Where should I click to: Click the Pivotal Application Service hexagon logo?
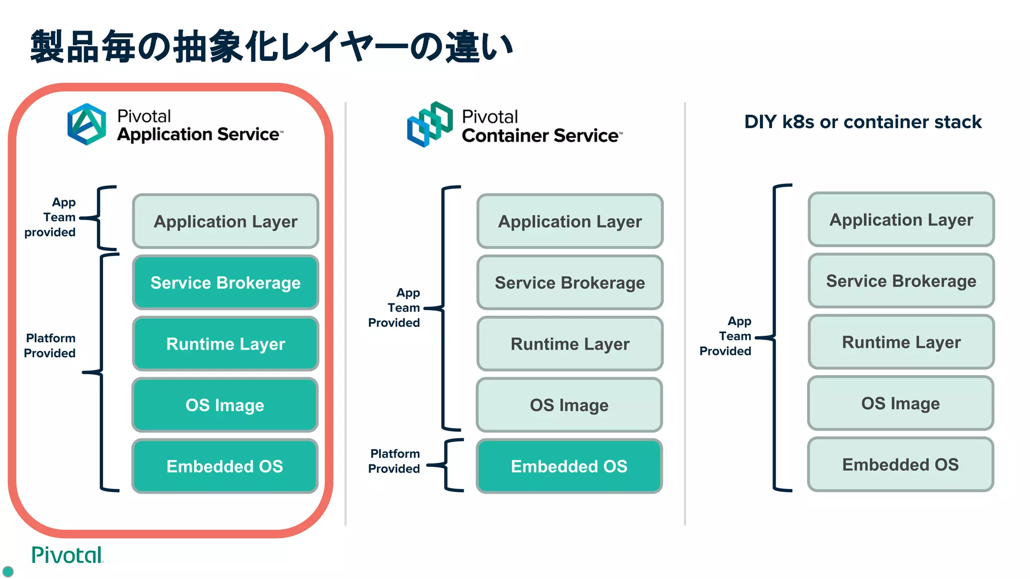tap(87, 124)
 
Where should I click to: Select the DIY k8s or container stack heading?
tap(863, 122)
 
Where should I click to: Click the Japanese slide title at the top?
tap(272, 47)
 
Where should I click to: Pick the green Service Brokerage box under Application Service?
tap(225, 282)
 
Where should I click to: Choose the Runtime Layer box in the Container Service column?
tap(570, 344)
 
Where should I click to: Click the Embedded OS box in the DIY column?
tap(900, 464)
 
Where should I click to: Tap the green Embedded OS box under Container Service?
tap(569, 466)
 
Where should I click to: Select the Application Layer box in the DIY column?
tap(901, 220)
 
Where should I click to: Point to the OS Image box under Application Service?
tap(225, 405)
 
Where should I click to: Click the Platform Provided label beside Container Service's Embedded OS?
tap(394, 461)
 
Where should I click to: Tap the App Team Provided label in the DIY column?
tap(726, 336)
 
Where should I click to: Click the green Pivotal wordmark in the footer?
tap(67, 555)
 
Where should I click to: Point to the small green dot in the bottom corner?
tap(8, 571)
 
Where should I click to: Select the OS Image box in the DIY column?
tap(900, 403)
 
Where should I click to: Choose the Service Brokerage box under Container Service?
tap(570, 282)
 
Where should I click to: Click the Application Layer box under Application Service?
tap(225, 222)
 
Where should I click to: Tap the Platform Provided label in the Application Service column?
tap(50, 346)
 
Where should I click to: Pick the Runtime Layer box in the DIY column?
tap(901, 342)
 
